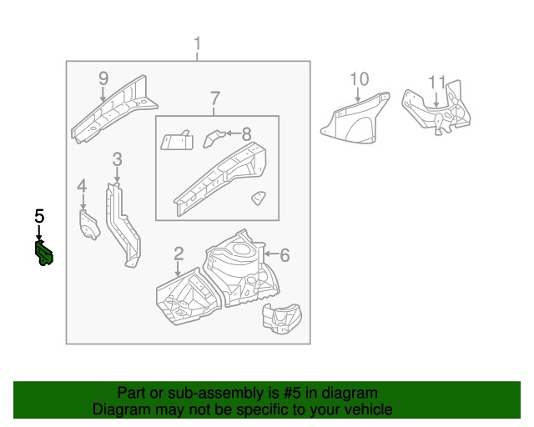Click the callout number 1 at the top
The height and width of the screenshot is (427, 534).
pos(197,43)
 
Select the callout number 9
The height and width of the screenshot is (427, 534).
pos(103,78)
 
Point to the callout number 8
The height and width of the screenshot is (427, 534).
pos(246,133)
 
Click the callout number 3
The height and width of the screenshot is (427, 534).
pos(117,158)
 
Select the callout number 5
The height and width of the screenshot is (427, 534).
pos(39,216)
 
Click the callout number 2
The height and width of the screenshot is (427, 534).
pos(179,254)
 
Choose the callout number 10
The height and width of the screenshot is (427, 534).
pos(358,79)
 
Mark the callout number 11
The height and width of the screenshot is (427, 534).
pos(437,82)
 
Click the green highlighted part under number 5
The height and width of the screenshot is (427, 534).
pos(44,253)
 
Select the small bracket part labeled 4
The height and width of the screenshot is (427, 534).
pos(88,224)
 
